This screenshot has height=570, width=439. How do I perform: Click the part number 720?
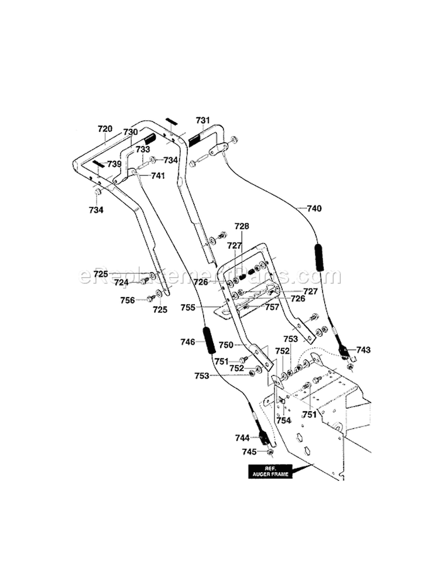pyautogui.click(x=104, y=128)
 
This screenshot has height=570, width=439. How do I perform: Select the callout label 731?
pyautogui.click(x=203, y=120)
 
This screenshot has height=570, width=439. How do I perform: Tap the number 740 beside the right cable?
pyautogui.click(x=314, y=208)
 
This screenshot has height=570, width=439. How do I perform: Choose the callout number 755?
pyautogui.click(x=204, y=306)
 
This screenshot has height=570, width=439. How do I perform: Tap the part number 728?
pyautogui.click(x=242, y=226)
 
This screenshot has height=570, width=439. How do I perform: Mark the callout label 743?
pyautogui.click(x=363, y=350)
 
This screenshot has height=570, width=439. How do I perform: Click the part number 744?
pyautogui.click(x=242, y=438)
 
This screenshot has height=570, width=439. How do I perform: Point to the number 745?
pyautogui.click(x=250, y=452)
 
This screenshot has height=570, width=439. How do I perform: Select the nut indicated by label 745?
pyautogui.click(x=270, y=452)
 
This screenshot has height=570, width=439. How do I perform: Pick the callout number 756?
pyautogui.click(x=127, y=299)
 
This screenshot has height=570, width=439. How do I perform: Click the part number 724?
pyautogui.click(x=121, y=282)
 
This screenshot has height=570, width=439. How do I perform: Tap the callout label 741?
pyautogui.click(x=157, y=176)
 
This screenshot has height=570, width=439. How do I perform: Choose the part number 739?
pyautogui.click(x=114, y=164)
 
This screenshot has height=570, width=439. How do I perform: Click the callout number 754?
pyautogui.click(x=283, y=420)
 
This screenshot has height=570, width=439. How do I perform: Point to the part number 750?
pyautogui.click(x=226, y=345)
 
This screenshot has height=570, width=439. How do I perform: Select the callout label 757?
pyautogui.click(x=272, y=306)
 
